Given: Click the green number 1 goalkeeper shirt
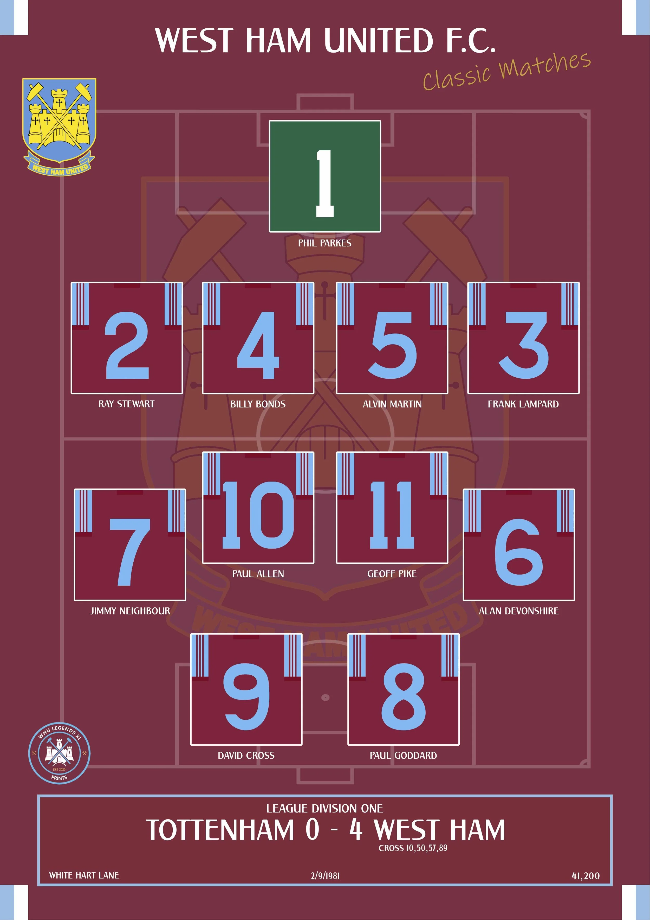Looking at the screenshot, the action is pyautogui.click(x=324, y=176).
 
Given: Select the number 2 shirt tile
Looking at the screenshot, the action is pyautogui.click(x=127, y=338).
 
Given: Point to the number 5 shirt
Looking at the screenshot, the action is pyautogui.click(x=392, y=338).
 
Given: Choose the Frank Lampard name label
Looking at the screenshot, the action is pyautogui.click(x=523, y=404).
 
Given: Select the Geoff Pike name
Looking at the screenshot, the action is pyautogui.click(x=392, y=574).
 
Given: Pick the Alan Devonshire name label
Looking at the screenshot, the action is pyautogui.click(x=519, y=611).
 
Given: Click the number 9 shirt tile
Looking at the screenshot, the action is pyautogui.click(x=246, y=689).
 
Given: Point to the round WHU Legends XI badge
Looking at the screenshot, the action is pyautogui.click(x=59, y=753).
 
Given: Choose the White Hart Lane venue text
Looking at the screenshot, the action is pyautogui.click(x=84, y=875).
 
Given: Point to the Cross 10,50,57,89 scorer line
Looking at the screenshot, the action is pyautogui.click(x=413, y=848).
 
